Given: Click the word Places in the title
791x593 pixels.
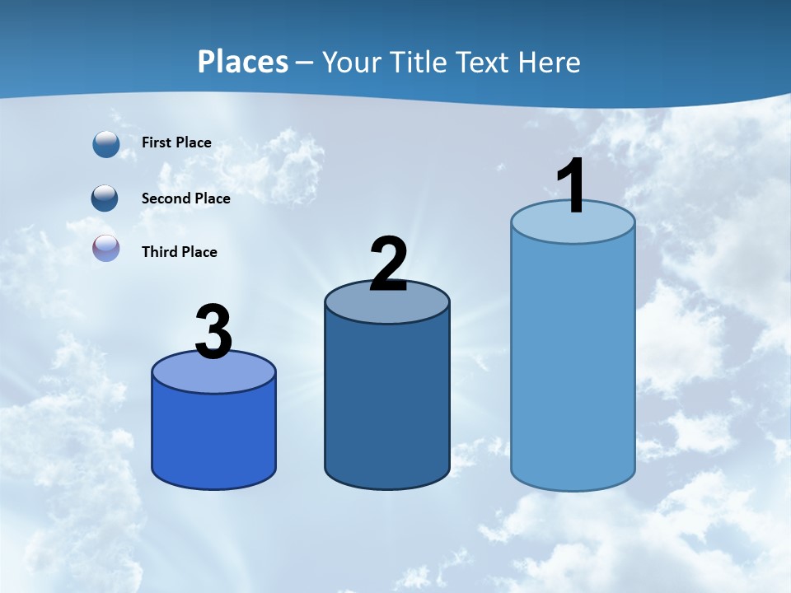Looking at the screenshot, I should tap(242, 62).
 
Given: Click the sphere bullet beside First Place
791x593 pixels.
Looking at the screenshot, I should tap(106, 143).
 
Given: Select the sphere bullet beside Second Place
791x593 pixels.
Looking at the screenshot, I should tap(105, 198).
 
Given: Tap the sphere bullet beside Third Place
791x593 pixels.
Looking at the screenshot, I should tap(106, 249).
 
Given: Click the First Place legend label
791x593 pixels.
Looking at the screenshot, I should tap(176, 142).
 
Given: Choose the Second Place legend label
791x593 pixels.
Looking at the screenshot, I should tap(185, 198).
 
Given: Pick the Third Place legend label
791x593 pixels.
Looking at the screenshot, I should tap(179, 252).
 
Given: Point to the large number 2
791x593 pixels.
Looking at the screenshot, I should tap(388, 264).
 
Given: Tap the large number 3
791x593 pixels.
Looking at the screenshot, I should tap(213, 332).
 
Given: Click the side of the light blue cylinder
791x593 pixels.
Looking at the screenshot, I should tap(573, 362).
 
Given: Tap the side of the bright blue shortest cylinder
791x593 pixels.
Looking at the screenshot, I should tap(213, 437).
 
